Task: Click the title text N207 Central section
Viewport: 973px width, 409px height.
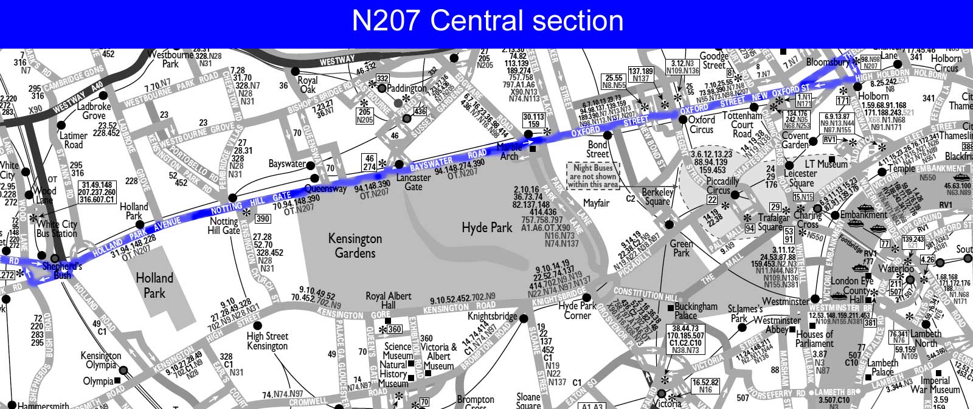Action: [x=487, y=21]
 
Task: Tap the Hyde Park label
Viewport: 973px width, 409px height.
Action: [x=486, y=228]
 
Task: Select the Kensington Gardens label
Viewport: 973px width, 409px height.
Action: [x=355, y=245]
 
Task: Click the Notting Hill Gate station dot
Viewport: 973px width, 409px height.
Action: [x=232, y=198]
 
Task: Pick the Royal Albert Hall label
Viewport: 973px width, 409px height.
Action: [x=388, y=300]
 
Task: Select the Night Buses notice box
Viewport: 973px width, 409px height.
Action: [x=593, y=176]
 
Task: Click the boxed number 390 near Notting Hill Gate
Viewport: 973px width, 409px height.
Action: [x=263, y=219]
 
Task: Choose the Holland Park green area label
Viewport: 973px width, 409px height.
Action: [x=154, y=285]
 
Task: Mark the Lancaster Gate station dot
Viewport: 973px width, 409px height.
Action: [x=400, y=164]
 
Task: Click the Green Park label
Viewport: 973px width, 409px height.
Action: [x=681, y=248]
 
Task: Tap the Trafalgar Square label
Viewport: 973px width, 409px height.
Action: [x=770, y=222]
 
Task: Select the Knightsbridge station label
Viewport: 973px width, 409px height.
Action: [x=492, y=317]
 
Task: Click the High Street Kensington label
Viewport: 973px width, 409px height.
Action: [x=267, y=341]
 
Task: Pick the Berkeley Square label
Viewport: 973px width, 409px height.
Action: [x=657, y=197]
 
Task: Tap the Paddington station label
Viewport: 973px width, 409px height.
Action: [x=407, y=88]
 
